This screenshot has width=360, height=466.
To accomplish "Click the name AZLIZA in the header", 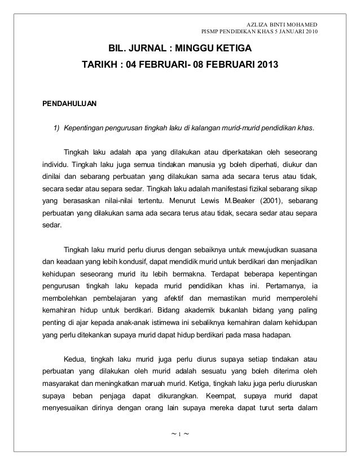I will point(260,25).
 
